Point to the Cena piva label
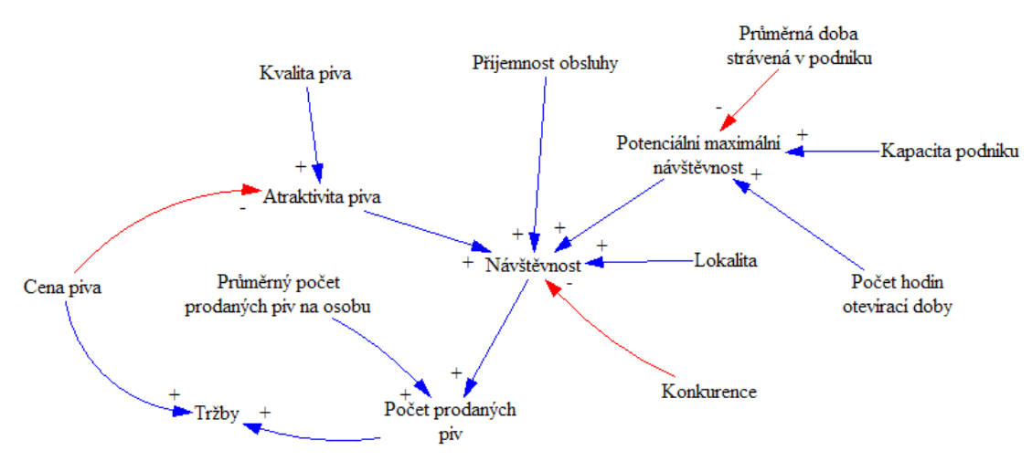(62, 288)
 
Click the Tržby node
(216, 414)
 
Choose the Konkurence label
(709, 393)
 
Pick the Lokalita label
(726, 259)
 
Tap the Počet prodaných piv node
(449, 421)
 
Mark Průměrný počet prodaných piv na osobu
(277, 297)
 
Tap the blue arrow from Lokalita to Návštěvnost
(645, 262)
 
